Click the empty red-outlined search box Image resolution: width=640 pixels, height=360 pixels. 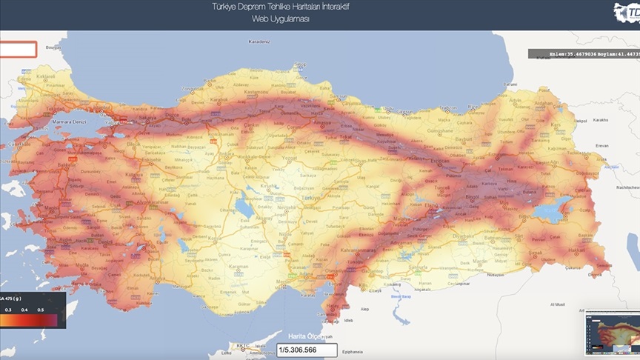coord(18,50)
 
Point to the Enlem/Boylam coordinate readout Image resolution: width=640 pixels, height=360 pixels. coord(583,54)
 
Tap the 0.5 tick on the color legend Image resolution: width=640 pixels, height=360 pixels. coord(41,310)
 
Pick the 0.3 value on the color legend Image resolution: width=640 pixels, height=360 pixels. coord(8,310)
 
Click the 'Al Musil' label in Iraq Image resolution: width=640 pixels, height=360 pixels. coord(557,304)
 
